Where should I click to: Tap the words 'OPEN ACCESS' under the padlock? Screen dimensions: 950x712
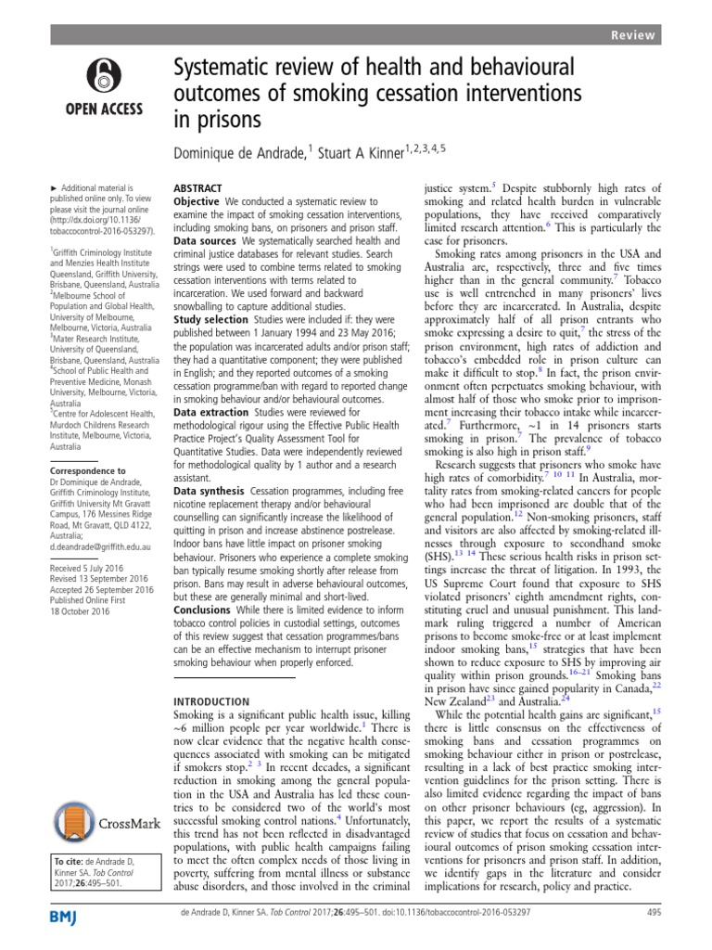(x=103, y=108)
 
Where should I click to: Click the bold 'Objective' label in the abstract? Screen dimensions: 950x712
(x=197, y=200)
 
